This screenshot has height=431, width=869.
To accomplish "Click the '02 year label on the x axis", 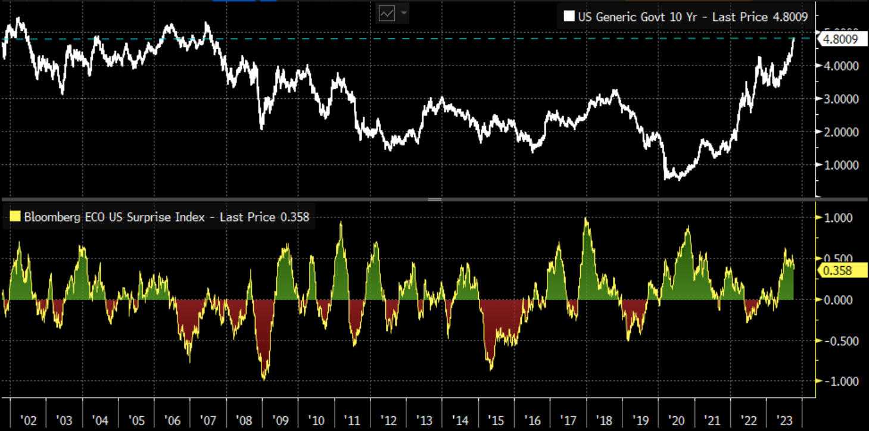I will (x=28, y=420).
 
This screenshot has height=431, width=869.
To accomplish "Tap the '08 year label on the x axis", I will (x=243, y=420).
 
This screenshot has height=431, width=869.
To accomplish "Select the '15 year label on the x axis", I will (x=496, y=420).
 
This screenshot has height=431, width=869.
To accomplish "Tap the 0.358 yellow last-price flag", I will (x=837, y=271).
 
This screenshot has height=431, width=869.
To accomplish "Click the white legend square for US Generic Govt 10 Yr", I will (x=569, y=17).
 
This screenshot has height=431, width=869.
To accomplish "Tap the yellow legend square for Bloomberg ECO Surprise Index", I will (x=15, y=217).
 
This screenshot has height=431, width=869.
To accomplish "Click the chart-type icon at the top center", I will (x=387, y=13).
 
